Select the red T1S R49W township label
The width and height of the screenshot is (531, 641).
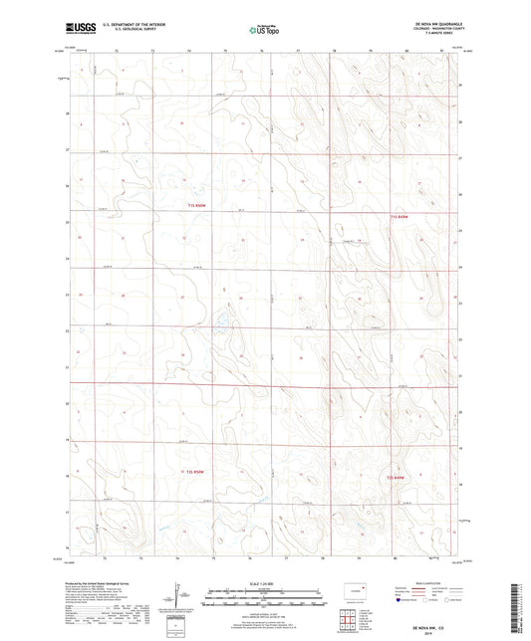click(x=398, y=216)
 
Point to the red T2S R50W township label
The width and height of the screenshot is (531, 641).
click(x=195, y=471)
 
